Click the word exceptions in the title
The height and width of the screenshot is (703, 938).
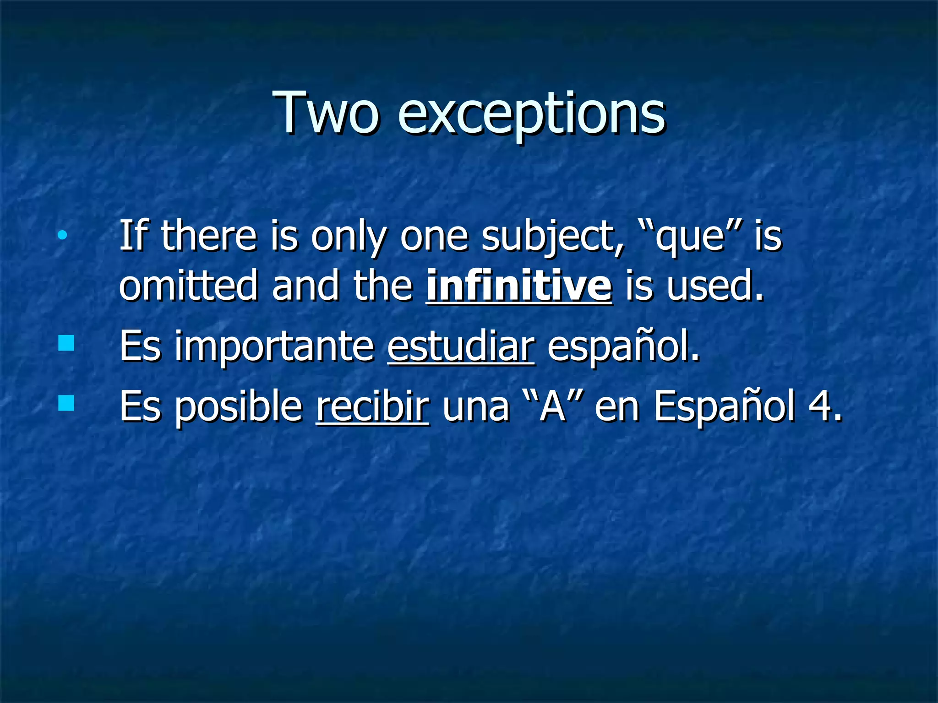(x=531, y=114)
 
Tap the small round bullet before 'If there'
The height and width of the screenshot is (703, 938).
(x=62, y=236)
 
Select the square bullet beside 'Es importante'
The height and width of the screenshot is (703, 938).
(x=66, y=343)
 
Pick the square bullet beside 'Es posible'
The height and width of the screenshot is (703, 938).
(x=66, y=403)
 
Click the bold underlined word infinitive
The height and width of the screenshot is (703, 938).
(x=519, y=286)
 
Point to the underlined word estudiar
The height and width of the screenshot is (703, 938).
(x=461, y=346)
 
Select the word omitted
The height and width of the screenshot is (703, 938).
(x=188, y=286)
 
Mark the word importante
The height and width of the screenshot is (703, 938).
(x=274, y=347)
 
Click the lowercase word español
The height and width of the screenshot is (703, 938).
(x=623, y=346)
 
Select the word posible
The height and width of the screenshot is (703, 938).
(x=239, y=407)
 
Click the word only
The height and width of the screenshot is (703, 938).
(x=349, y=237)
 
